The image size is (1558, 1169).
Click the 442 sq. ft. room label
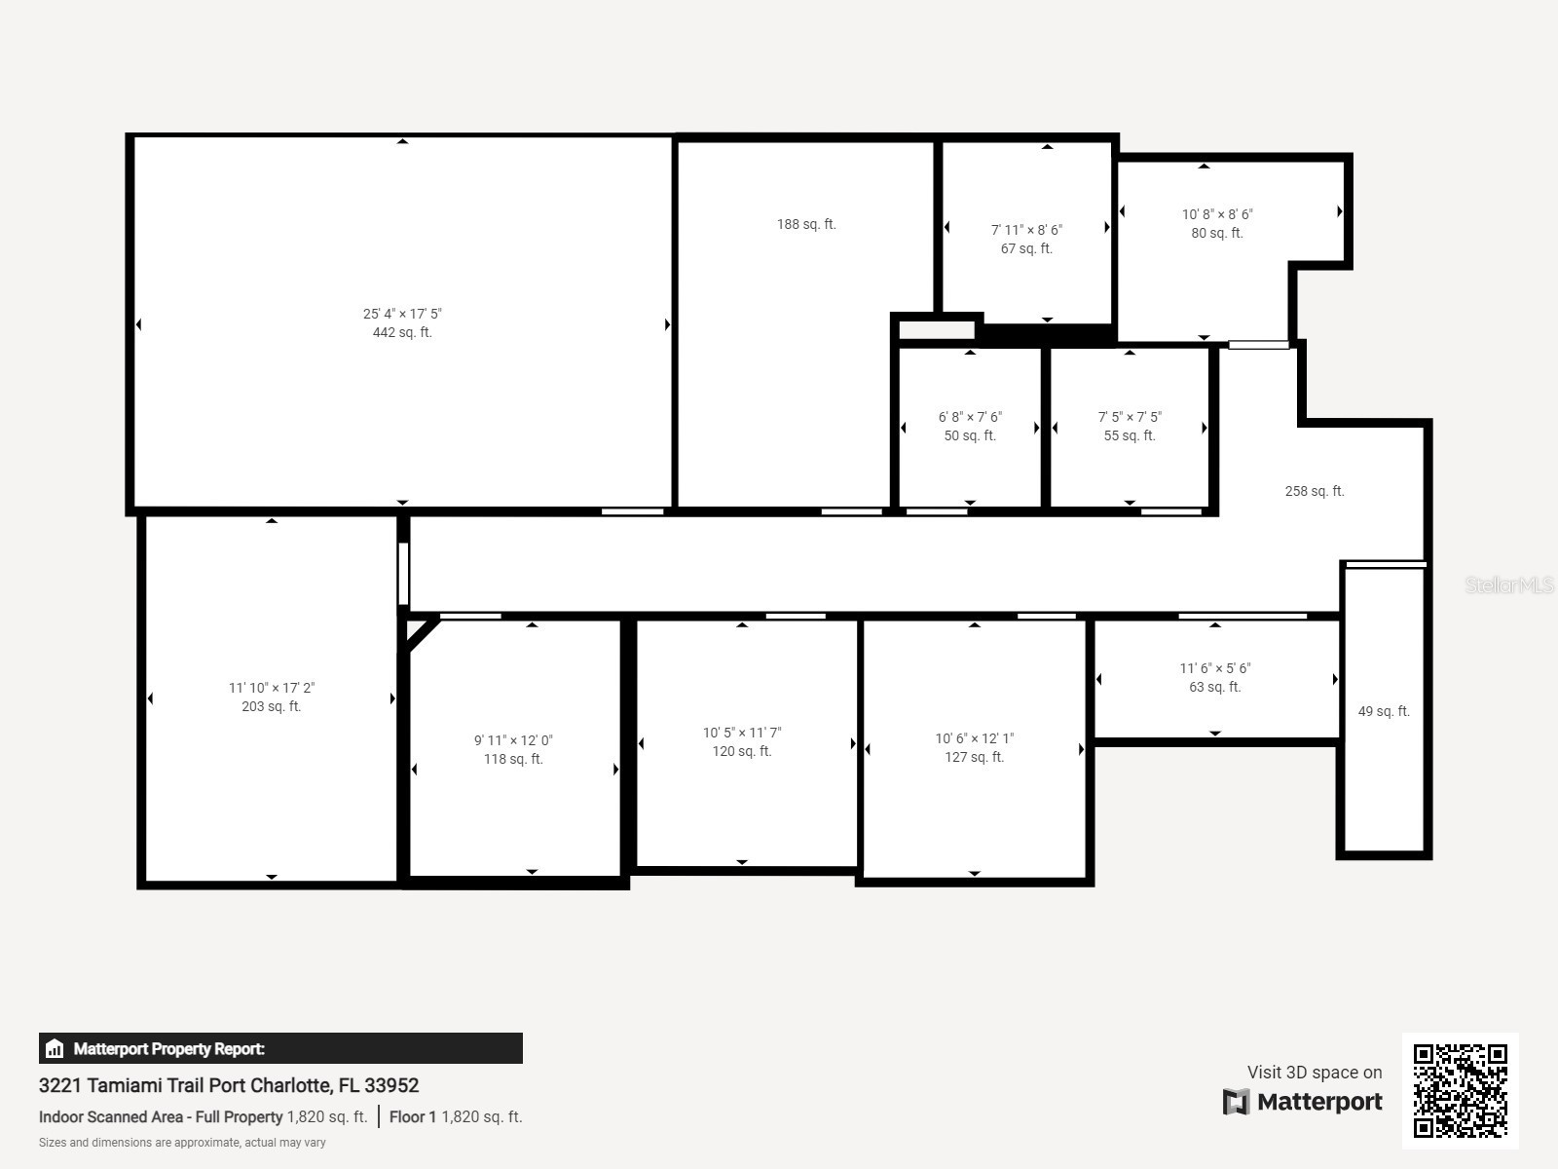402,332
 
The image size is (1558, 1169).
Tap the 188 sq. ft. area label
806,224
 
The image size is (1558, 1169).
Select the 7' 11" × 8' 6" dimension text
1026,230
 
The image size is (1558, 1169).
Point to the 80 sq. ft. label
1216,233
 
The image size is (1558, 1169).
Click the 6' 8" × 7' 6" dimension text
970,417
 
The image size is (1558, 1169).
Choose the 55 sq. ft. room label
1130,435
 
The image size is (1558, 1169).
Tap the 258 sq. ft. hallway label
1314,491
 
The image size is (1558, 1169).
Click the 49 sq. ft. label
1383,711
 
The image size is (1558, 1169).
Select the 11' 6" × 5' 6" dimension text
1214,668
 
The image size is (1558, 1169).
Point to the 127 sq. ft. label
974,757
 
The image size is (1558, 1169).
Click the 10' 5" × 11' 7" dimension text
742,733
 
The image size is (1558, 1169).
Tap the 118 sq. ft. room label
513,759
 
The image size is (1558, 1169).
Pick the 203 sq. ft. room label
271,706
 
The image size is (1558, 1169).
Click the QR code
1460,1090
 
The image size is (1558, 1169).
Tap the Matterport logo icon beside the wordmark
1236,1102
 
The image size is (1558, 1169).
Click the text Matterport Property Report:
168,1049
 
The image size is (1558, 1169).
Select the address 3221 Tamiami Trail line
229,1085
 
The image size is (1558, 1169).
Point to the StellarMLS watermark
1508,584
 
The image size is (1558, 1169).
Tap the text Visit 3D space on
1314,1072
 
